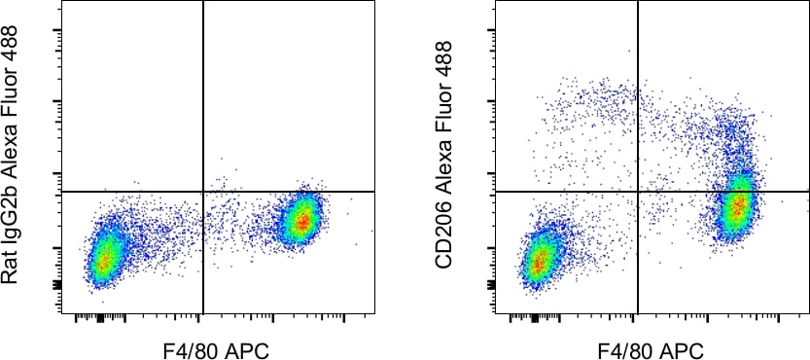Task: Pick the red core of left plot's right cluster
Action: coord(302,223)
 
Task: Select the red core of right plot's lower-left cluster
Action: coord(538,261)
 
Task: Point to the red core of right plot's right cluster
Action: coord(739,205)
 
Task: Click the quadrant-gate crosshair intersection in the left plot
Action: coord(203,192)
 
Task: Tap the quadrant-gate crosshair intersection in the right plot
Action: coord(638,192)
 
